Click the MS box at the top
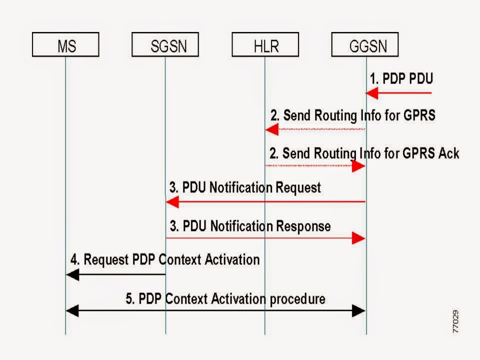[x=65, y=44]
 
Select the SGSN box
[x=165, y=44]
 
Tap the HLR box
[x=265, y=44]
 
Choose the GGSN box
[x=365, y=44]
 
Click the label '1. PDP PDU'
[x=401, y=78]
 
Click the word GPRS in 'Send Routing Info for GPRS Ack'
[x=411, y=153]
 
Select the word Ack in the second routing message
[x=448, y=153]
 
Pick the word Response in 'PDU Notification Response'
[x=303, y=226]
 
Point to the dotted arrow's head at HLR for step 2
[x=271, y=130]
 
